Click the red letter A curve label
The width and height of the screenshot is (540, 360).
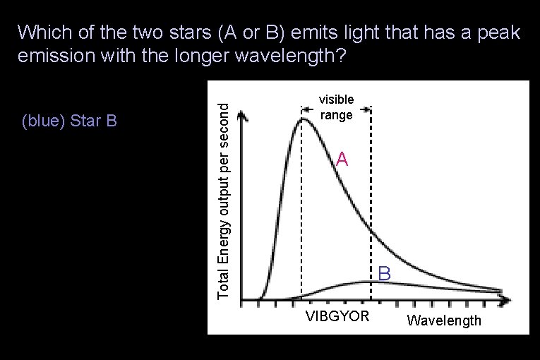coord(342,160)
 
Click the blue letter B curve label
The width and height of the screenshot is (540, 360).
coord(383,272)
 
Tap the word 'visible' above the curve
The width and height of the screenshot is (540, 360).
coord(336,100)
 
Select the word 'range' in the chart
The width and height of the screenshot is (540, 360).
coord(336,114)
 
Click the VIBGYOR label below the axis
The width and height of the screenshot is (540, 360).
coord(337,316)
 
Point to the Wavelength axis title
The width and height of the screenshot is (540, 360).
coord(444,320)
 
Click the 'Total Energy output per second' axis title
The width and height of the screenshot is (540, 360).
coord(223,200)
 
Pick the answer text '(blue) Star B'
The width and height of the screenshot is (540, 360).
coord(69,121)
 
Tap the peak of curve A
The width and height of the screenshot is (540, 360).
coord(304,119)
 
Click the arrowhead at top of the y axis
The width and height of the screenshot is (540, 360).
coord(242,114)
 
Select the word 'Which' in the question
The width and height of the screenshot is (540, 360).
coord(41,32)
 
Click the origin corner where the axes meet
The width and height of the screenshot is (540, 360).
coord(242,299)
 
